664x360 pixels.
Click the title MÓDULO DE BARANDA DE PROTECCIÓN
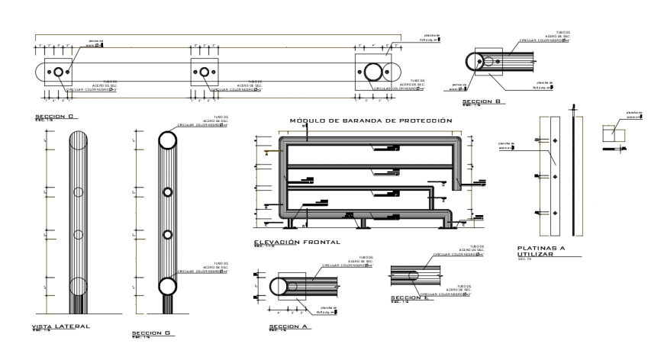point(371,121)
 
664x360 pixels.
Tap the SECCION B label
point(481,101)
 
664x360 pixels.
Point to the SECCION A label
point(288,326)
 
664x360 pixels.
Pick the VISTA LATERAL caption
point(60,326)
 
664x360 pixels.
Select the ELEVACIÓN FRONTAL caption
point(297,242)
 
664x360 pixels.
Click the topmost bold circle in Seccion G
point(167,140)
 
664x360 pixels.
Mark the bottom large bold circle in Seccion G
point(167,287)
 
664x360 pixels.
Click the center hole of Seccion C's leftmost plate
point(58,72)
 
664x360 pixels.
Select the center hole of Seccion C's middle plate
point(205,72)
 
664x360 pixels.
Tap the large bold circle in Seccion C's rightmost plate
point(375,73)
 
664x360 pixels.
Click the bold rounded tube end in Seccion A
point(280,288)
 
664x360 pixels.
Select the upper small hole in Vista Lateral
point(79,190)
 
